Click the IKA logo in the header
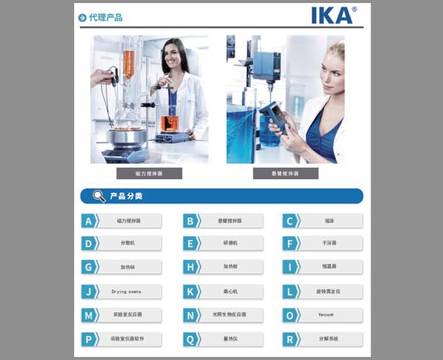[x=334, y=15]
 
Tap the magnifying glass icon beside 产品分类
[x=98, y=196]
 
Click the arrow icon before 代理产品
[x=83, y=17]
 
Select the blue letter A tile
[x=89, y=221]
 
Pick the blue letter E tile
[x=190, y=243]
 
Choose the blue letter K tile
[x=190, y=291]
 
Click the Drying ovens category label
[x=127, y=291]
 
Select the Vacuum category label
[x=327, y=315]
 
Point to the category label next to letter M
[x=127, y=315]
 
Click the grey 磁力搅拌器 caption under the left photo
[x=149, y=174]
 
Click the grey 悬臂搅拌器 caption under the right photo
[x=286, y=174]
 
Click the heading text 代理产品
[x=106, y=17]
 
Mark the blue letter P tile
[x=89, y=339]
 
